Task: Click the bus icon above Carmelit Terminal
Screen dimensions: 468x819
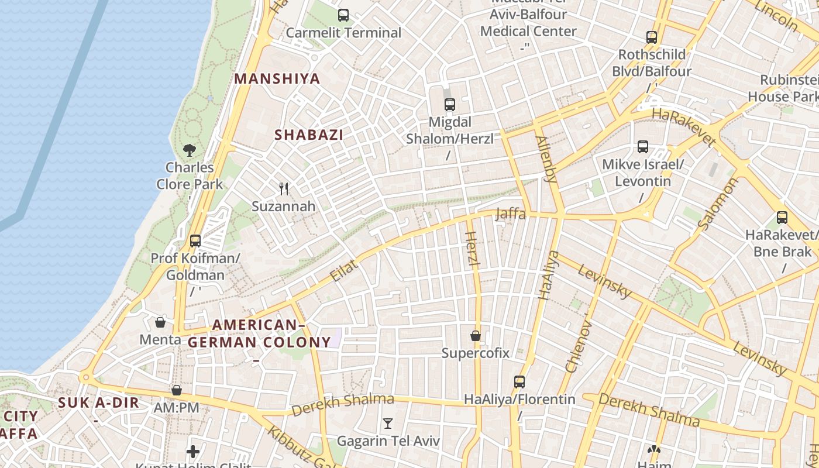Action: coord(343,15)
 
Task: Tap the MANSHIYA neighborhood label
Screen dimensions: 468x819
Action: coord(277,79)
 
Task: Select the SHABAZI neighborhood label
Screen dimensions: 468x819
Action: coord(309,135)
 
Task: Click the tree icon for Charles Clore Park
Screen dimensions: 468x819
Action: coord(189,150)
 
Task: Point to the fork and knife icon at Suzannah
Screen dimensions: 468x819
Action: coord(284,188)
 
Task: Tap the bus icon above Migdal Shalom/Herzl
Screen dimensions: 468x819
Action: coord(449,105)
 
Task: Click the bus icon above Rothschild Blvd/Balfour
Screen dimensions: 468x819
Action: coord(652,37)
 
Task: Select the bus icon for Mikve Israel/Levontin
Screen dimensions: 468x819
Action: coord(643,147)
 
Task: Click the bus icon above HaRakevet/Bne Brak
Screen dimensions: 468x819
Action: coord(782,218)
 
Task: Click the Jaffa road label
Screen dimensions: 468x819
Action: coord(510,214)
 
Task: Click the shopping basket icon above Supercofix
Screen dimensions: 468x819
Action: coord(476,336)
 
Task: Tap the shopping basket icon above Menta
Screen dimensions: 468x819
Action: coord(160,322)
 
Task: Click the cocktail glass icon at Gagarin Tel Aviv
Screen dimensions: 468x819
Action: coord(387,423)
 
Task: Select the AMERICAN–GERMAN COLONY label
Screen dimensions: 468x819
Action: coord(259,333)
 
